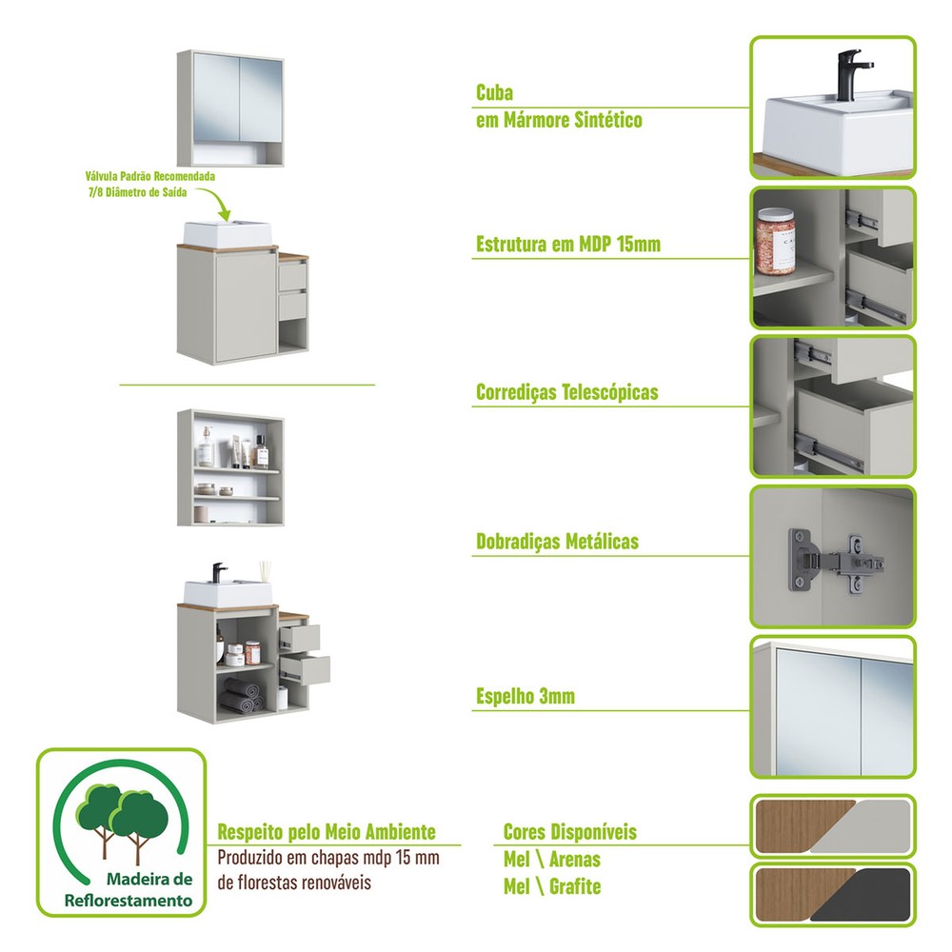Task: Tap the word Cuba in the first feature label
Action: tap(494, 93)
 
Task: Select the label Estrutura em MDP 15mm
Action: tap(567, 245)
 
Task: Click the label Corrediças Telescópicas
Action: tap(566, 392)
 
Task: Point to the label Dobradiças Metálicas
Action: tap(557, 542)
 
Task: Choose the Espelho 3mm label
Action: tap(526, 697)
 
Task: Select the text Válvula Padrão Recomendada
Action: tap(149, 177)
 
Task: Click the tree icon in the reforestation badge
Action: tap(122, 818)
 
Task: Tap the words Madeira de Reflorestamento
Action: tap(128, 888)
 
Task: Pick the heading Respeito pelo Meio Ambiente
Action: tap(327, 832)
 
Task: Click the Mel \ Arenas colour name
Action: tap(551, 859)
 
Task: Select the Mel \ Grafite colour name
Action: tap(552, 886)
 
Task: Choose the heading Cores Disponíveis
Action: tap(569, 832)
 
